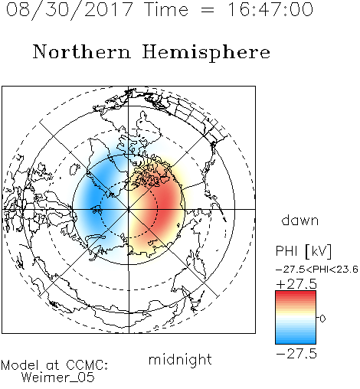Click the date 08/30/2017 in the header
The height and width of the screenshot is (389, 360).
[x=70, y=10]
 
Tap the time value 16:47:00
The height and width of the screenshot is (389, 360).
[x=270, y=9]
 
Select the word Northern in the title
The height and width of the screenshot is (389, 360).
[x=82, y=51]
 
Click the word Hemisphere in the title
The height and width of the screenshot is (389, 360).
[x=206, y=52]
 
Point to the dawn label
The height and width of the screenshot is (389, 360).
[x=300, y=220]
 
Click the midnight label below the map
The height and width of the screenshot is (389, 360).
[x=180, y=360]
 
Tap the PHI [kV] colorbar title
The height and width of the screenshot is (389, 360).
[x=303, y=251]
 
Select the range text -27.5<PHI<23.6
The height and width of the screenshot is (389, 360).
[x=317, y=269]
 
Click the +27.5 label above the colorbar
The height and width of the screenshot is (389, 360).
[x=296, y=284]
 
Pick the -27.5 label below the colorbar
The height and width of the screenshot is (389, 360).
[x=296, y=354]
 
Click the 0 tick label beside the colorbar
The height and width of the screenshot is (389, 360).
[x=322, y=319]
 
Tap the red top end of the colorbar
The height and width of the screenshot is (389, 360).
[x=296, y=293]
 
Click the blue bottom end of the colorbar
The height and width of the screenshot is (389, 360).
[x=296, y=342]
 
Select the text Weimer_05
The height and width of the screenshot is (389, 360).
[x=57, y=377]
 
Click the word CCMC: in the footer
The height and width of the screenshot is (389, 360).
[x=87, y=365]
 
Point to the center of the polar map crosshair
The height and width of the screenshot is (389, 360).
[x=129, y=209]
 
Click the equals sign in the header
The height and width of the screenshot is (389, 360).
[x=208, y=10]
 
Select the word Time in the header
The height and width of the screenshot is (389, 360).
[x=166, y=9]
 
